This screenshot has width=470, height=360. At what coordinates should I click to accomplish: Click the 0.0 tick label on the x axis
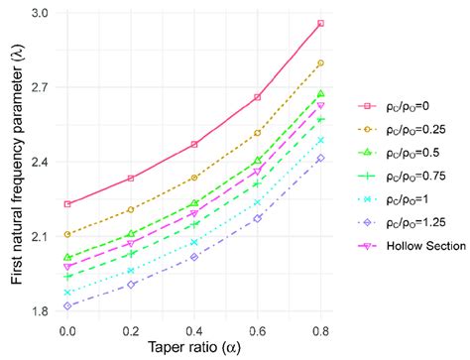coord(67,328)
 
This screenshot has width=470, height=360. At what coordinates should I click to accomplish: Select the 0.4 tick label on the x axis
coord(194,328)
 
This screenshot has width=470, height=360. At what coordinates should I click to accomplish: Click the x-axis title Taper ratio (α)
coord(194,347)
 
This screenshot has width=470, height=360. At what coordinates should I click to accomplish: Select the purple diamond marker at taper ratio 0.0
coord(67,306)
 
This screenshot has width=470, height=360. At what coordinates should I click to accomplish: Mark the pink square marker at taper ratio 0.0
coord(67,204)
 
